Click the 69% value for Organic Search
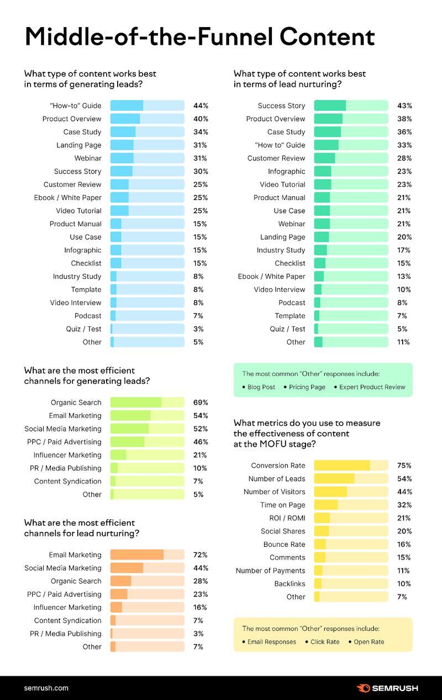pos(200,403)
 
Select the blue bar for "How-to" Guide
pos(147,106)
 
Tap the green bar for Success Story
pos(351,106)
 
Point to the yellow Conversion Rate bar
pos(351,466)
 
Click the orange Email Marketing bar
pos(147,555)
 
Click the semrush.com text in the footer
pos(46,688)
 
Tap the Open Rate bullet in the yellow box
pos(369,642)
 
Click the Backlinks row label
pos(290,584)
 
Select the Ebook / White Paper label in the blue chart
pos(67,197)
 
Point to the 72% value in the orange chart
pos(200,555)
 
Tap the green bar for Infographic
pos(351,171)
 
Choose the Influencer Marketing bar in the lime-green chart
pos(147,455)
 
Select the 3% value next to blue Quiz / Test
pos(198,329)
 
